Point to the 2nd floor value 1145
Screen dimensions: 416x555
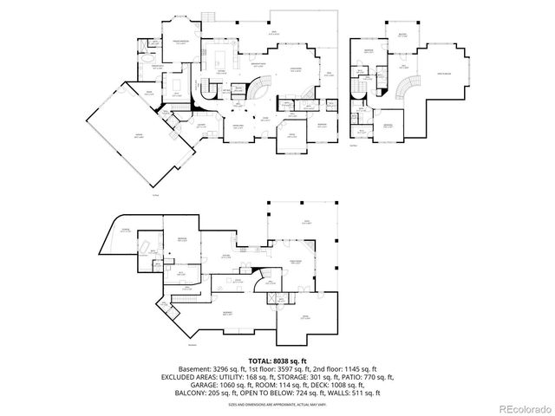(345, 368)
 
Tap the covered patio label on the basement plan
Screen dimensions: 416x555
(296, 222)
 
